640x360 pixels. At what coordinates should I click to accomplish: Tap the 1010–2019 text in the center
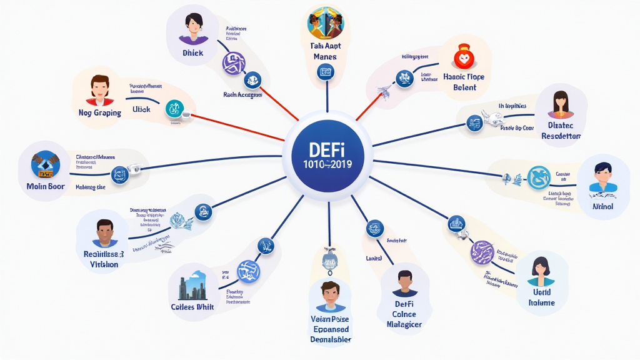(x=327, y=165)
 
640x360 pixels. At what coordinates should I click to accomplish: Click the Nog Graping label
(x=99, y=113)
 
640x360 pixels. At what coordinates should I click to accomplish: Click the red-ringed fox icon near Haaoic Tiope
(x=463, y=59)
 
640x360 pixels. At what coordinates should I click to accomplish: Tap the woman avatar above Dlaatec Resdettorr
(x=561, y=104)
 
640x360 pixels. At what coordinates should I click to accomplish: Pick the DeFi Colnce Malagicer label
(x=404, y=314)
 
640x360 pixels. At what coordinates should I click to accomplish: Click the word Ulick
(x=142, y=109)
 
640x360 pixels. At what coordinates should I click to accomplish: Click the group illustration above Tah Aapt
(x=325, y=24)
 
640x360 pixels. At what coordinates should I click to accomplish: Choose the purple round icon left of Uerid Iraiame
(x=482, y=252)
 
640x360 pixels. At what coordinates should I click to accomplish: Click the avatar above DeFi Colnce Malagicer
(x=404, y=284)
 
